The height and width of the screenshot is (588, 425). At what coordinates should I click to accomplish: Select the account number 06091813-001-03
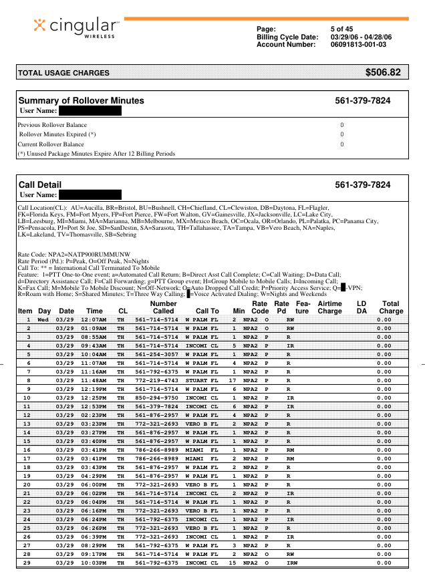coord(358,45)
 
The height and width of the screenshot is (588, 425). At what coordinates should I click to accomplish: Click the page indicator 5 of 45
coord(341,29)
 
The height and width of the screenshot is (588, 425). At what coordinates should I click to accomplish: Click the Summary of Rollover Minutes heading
coord(81,101)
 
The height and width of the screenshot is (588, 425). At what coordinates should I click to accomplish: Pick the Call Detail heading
coord(39,184)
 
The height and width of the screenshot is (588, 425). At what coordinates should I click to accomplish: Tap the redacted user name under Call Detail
coord(90,195)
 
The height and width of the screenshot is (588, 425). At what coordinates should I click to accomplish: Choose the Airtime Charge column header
coord(329,307)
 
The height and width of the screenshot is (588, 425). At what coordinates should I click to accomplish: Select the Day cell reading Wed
coord(43,320)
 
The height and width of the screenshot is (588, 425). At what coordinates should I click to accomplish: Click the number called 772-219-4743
coord(156,380)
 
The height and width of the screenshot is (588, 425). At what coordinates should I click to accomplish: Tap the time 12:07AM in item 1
coord(94,320)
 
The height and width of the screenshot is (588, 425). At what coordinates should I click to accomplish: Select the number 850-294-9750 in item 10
coord(156,398)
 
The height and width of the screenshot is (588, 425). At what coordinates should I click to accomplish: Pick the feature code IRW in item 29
coord(291,563)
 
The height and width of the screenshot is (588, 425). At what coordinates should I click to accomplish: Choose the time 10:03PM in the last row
coord(94,563)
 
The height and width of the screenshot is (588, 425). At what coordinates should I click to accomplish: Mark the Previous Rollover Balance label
coord(52,125)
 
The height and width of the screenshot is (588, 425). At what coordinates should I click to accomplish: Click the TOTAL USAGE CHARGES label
coord(63,73)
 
